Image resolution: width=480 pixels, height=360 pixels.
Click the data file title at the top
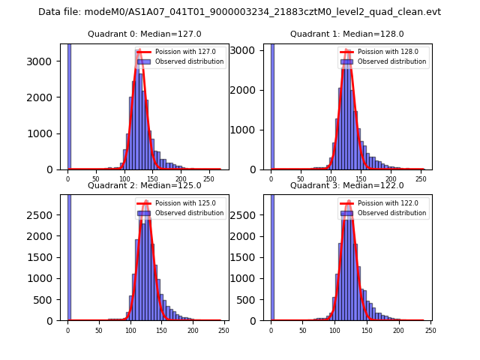(239, 12)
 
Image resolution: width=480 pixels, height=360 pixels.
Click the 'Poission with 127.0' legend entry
(178, 52)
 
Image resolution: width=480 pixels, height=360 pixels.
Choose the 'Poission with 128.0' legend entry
(381, 52)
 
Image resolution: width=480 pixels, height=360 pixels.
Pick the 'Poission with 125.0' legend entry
(178, 203)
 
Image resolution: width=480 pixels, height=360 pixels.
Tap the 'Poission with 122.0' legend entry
(381, 203)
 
